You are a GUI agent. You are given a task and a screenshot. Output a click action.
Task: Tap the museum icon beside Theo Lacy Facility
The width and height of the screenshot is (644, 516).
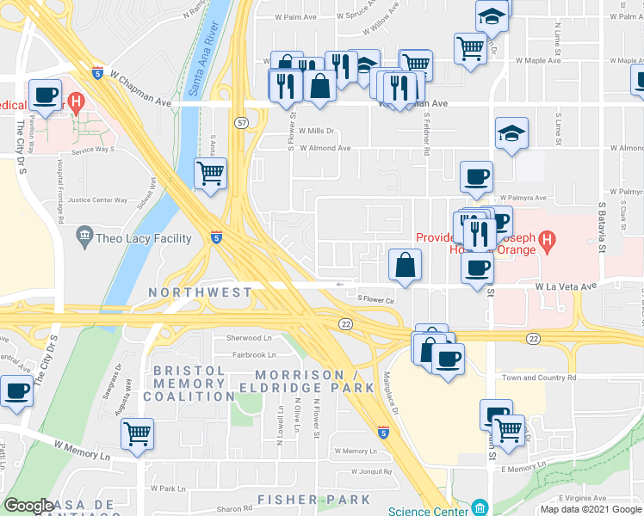84,235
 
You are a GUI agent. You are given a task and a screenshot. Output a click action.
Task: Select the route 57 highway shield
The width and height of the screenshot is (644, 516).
243,125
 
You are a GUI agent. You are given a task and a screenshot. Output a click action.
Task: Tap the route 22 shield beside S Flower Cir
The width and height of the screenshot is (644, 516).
344,322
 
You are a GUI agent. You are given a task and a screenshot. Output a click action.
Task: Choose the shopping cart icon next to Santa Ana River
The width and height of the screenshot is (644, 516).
211,174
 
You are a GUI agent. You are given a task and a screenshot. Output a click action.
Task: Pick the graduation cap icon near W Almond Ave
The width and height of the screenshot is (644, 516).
511,133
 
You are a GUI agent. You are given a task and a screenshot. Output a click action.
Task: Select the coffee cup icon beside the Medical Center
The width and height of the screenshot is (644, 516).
45,95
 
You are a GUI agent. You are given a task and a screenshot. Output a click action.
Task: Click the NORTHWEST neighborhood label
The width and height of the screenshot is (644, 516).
200,292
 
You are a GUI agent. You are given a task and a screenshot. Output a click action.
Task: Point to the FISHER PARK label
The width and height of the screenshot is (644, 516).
314,499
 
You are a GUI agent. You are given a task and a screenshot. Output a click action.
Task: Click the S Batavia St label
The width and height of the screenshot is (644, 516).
603,228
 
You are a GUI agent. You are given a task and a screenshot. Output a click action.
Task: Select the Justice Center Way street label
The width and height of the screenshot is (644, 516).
97,200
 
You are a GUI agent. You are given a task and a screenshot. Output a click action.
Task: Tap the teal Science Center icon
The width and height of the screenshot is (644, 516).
479,507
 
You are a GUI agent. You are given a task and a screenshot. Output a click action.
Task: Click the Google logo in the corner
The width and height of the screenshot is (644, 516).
28,506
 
